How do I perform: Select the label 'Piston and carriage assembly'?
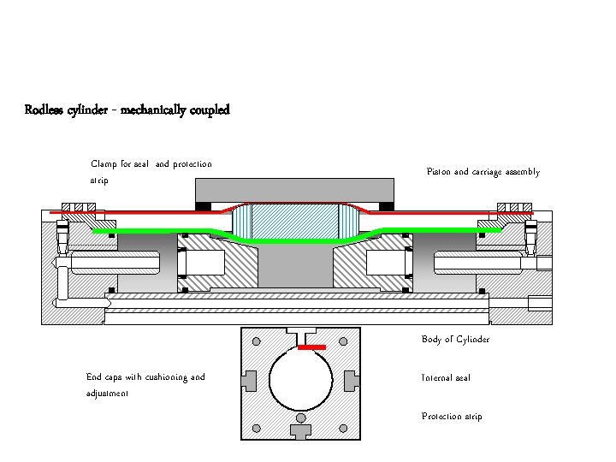coord(483,172)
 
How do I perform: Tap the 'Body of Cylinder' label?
coord(455,340)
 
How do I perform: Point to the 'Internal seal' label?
coord(446,377)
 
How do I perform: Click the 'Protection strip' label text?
coord(452,417)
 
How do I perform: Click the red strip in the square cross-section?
coord(311,347)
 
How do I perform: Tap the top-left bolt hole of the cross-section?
coord(257,341)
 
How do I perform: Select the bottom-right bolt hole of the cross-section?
coord(344,426)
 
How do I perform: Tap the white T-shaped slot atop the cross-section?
coord(300,332)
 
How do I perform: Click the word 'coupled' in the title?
coord(205,110)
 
